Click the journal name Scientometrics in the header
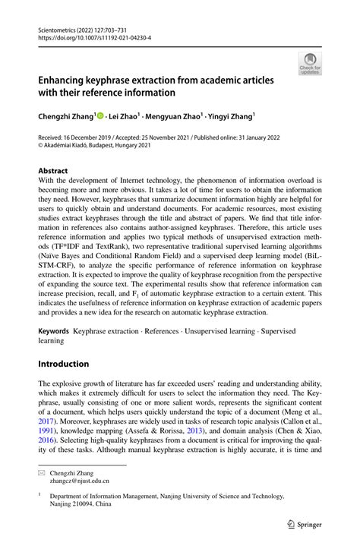pos(57,30)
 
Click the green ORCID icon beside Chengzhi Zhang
pos(100,116)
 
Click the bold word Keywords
pos(55,332)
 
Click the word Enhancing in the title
pos(67,79)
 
